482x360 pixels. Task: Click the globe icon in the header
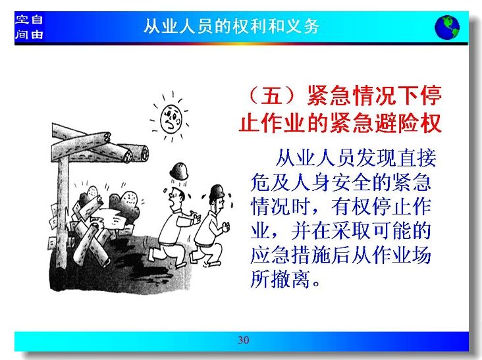[x=447, y=27]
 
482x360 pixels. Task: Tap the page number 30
[x=243, y=340]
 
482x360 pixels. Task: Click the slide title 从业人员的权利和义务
[x=232, y=26]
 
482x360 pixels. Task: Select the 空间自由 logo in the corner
[x=29, y=27]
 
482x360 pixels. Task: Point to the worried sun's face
[x=171, y=119]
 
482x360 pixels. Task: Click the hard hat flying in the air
[x=179, y=171]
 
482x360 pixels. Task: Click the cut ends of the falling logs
[x=135, y=153]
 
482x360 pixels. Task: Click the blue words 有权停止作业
[x=381, y=207]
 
